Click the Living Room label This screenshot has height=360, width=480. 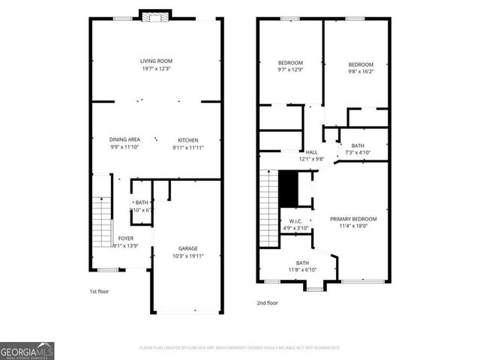point(156,61)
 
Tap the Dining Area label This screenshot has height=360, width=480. point(124,139)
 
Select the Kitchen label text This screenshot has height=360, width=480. point(187,139)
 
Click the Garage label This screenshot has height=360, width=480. point(187,248)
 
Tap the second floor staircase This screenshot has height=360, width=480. point(268,205)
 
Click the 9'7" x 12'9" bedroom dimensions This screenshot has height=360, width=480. point(290,70)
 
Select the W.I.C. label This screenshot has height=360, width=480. point(295,221)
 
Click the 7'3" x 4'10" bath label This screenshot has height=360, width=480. point(358,153)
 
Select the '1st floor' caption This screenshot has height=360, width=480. point(98,291)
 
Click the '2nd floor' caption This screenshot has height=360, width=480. point(266,304)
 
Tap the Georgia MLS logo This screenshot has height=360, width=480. point(27,350)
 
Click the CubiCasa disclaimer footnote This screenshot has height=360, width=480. point(240,348)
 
